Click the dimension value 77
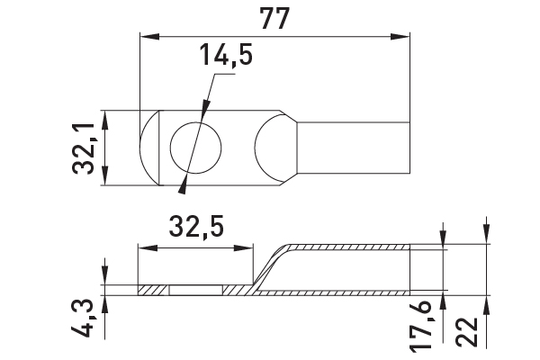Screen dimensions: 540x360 [x=274, y=18]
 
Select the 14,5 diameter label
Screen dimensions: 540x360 [x=226, y=54]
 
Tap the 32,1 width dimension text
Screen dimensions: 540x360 [x=84, y=148]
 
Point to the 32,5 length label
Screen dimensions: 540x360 [x=196, y=226]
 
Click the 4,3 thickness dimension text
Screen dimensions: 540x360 [x=82, y=319]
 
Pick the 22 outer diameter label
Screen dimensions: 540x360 [x=467, y=332]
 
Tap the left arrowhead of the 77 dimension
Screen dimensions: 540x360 [x=149, y=37]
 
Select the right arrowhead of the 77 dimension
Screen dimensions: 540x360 [x=400, y=37]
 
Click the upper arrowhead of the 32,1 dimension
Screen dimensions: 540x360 [x=105, y=120]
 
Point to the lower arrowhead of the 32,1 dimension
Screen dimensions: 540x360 [x=105, y=175]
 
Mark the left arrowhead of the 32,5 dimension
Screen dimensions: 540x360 [x=148, y=248]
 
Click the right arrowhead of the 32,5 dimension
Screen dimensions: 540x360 [x=243, y=248]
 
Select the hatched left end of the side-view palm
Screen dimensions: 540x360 [x=153, y=290]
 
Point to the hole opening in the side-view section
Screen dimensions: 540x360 [x=196, y=290]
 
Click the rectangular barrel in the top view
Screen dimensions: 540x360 [x=354, y=148]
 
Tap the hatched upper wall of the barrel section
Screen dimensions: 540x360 [x=347, y=247]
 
